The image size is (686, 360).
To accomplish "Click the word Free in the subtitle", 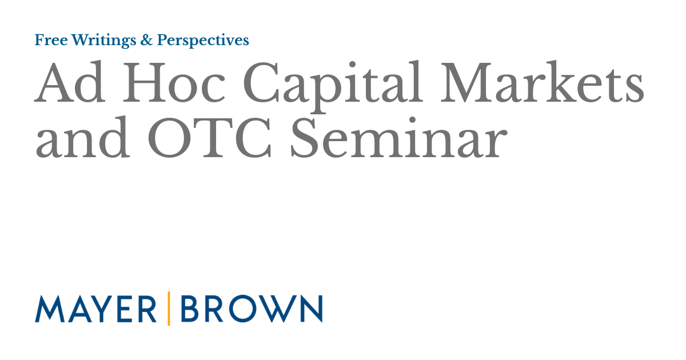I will click(x=49, y=40).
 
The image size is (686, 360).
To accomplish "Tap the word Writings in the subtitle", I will click(x=98, y=41).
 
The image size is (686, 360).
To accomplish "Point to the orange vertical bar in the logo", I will click(x=169, y=309).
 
